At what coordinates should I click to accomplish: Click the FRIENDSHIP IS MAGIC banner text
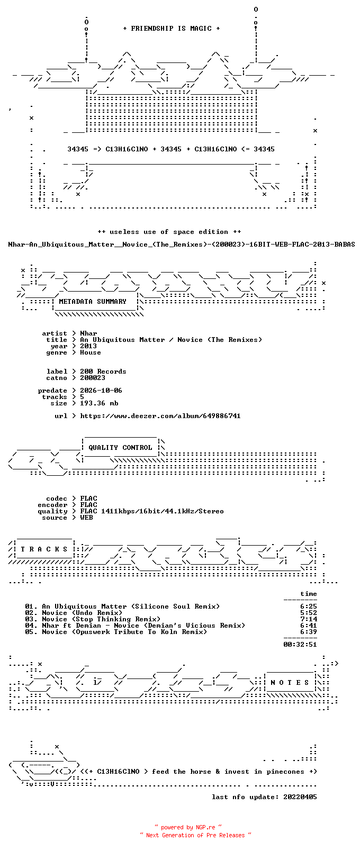(172, 29)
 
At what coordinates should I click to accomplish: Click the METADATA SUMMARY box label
(92, 302)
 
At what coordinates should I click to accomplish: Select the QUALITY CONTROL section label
(120, 448)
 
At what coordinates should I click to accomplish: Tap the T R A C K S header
(44, 549)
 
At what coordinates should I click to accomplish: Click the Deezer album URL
(160, 416)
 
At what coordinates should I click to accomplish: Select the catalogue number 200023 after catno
(92, 378)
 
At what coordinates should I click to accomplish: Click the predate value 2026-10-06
(101, 391)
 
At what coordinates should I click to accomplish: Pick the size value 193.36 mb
(99, 403)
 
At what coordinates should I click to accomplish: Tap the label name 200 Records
(103, 372)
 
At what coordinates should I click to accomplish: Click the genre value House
(91, 352)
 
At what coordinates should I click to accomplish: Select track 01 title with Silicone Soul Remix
(131, 606)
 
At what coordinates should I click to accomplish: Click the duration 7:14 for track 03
(308, 619)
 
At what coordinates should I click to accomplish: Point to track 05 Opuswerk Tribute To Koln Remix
(124, 632)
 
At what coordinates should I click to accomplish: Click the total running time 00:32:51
(300, 645)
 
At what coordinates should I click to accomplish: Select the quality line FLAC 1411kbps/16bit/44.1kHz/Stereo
(152, 511)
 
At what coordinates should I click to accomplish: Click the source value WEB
(86, 518)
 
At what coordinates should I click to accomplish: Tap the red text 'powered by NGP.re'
(188, 827)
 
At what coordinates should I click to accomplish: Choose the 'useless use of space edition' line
(169, 232)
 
